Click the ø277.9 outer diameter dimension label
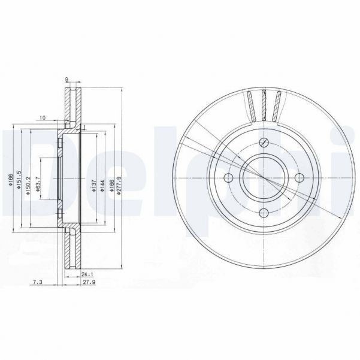(x=120, y=178)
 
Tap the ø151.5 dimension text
(x=20, y=178)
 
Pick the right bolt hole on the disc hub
(x=298, y=178)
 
